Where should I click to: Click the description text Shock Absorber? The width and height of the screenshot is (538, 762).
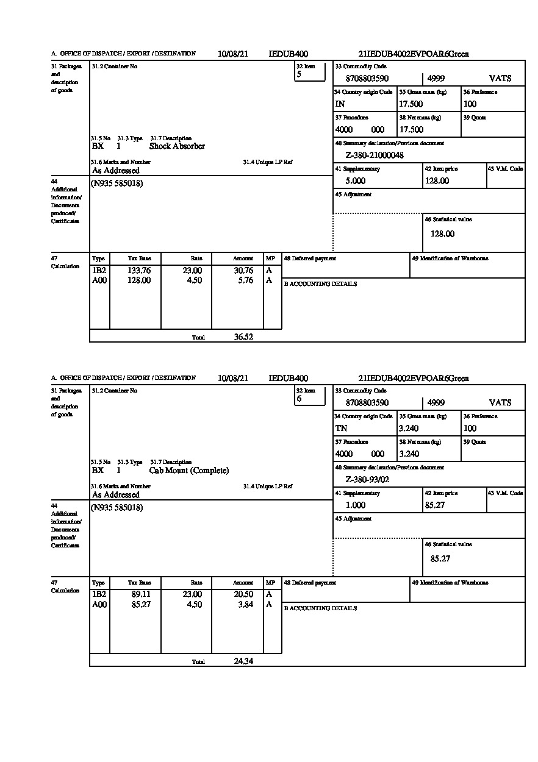pos(177,146)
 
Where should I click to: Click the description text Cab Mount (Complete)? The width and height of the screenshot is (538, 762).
pos(189,471)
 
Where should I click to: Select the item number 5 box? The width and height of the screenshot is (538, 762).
pos(310,72)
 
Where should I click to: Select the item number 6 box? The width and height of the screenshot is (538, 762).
pos(310,396)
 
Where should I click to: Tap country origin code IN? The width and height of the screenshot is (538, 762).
pos(340,104)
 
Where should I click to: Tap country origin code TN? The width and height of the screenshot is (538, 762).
pos(341,429)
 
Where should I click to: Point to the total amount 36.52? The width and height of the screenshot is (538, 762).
pos(243,336)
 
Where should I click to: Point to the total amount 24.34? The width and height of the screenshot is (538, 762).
pos(243,661)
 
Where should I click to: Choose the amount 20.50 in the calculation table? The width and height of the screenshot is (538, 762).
pos(243,595)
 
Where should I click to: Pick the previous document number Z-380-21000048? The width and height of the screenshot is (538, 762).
pos(375,155)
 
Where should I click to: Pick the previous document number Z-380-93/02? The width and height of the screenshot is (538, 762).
pos(367,480)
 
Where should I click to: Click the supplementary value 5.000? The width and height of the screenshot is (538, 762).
pos(355,181)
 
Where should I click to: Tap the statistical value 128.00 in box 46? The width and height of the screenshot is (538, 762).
pos(442,234)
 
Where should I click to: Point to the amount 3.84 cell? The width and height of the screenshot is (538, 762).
pos(246,605)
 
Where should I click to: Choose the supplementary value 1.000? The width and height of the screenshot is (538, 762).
pos(355,505)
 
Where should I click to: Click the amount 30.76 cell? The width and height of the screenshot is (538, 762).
pos(243,271)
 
